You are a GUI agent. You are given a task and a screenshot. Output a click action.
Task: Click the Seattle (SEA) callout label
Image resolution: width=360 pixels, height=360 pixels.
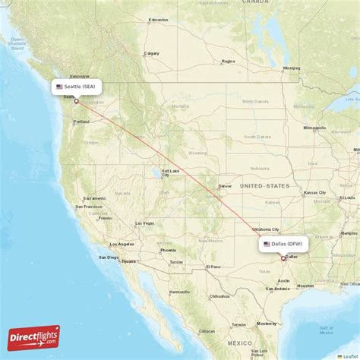coord(77,87)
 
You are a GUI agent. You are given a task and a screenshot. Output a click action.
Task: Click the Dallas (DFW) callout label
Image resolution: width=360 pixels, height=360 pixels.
coord(284,244)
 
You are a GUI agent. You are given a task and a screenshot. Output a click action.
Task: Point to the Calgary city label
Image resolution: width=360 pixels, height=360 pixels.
coord(152,53)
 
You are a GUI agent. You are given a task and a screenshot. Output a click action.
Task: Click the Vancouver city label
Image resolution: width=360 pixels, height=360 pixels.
coord(78,76)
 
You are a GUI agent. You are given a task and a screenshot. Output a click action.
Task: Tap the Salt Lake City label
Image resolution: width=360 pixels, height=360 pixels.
coord(169,172)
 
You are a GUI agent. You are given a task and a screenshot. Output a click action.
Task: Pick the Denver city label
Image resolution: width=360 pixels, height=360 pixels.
coord(225,185)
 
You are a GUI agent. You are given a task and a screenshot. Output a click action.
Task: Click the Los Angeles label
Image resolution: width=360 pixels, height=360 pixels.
coord(123,244)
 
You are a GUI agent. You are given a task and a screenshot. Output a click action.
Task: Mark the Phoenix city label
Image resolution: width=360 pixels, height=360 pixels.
coord(168,250)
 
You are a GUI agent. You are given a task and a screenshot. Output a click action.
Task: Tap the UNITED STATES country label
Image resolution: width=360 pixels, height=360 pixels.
coord(264,185)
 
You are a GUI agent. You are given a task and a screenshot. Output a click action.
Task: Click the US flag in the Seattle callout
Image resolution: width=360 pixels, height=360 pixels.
coord(59,87)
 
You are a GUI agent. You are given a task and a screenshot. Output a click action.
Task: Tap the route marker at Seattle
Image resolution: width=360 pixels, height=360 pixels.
coord(76,101)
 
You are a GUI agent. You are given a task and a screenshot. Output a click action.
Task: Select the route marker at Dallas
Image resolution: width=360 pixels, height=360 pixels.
coord(283,258)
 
